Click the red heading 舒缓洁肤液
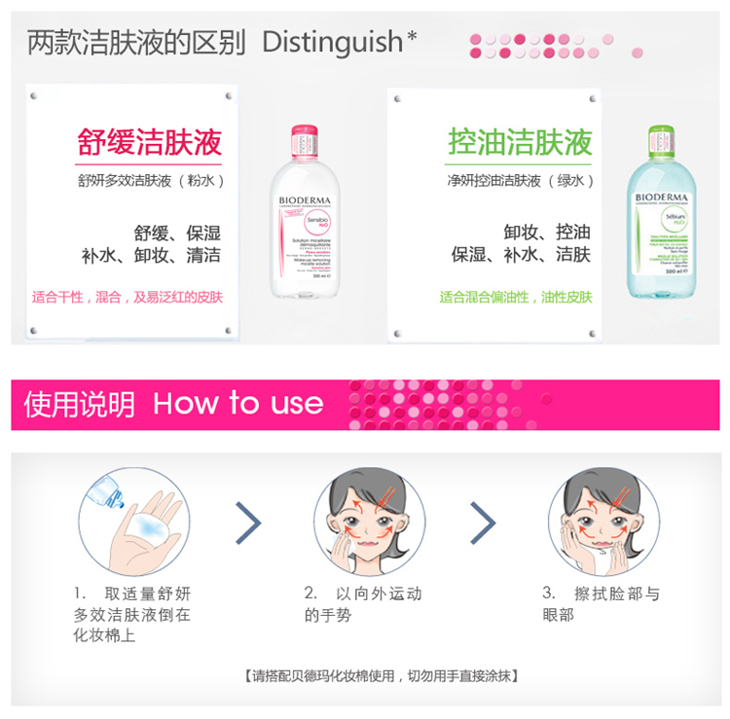[150, 142]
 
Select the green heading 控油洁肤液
[520, 142]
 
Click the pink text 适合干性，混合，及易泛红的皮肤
[128, 297]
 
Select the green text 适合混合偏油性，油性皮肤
[516, 297]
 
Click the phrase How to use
[238, 404]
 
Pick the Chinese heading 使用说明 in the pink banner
[80, 404]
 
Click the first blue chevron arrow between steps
[249, 522]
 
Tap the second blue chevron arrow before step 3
[483, 522]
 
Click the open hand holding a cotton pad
[146, 530]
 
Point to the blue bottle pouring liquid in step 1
[104, 492]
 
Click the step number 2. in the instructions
[310, 593]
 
